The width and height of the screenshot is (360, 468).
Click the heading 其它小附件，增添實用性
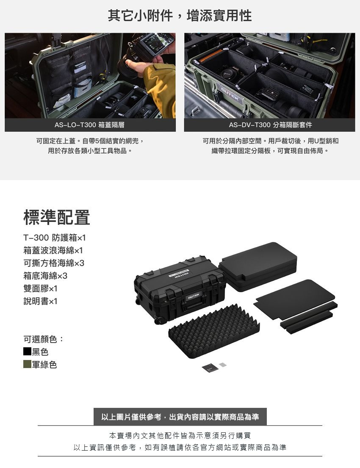click(x=180, y=16)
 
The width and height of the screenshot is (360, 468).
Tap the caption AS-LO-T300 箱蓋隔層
click(x=89, y=125)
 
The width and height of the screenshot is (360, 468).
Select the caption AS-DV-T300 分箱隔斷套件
click(x=270, y=125)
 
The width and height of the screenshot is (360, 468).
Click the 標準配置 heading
click(x=57, y=217)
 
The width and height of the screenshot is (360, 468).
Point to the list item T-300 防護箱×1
click(x=55, y=238)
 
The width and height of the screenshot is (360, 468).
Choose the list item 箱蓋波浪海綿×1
click(x=53, y=250)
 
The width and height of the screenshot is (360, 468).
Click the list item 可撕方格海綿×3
click(x=54, y=263)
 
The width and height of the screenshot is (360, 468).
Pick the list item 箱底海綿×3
click(x=45, y=275)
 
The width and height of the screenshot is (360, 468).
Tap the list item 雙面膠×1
click(x=40, y=288)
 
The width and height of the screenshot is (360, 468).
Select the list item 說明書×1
click(x=40, y=301)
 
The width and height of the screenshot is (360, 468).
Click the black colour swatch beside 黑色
click(x=27, y=351)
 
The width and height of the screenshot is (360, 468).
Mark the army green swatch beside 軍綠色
click(x=27, y=364)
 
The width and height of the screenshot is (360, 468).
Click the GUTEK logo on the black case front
click(x=194, y=296)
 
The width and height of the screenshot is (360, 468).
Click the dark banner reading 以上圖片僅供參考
click(x=180, y=417)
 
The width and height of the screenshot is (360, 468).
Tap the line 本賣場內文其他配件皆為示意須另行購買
click(x=180, y=436)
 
